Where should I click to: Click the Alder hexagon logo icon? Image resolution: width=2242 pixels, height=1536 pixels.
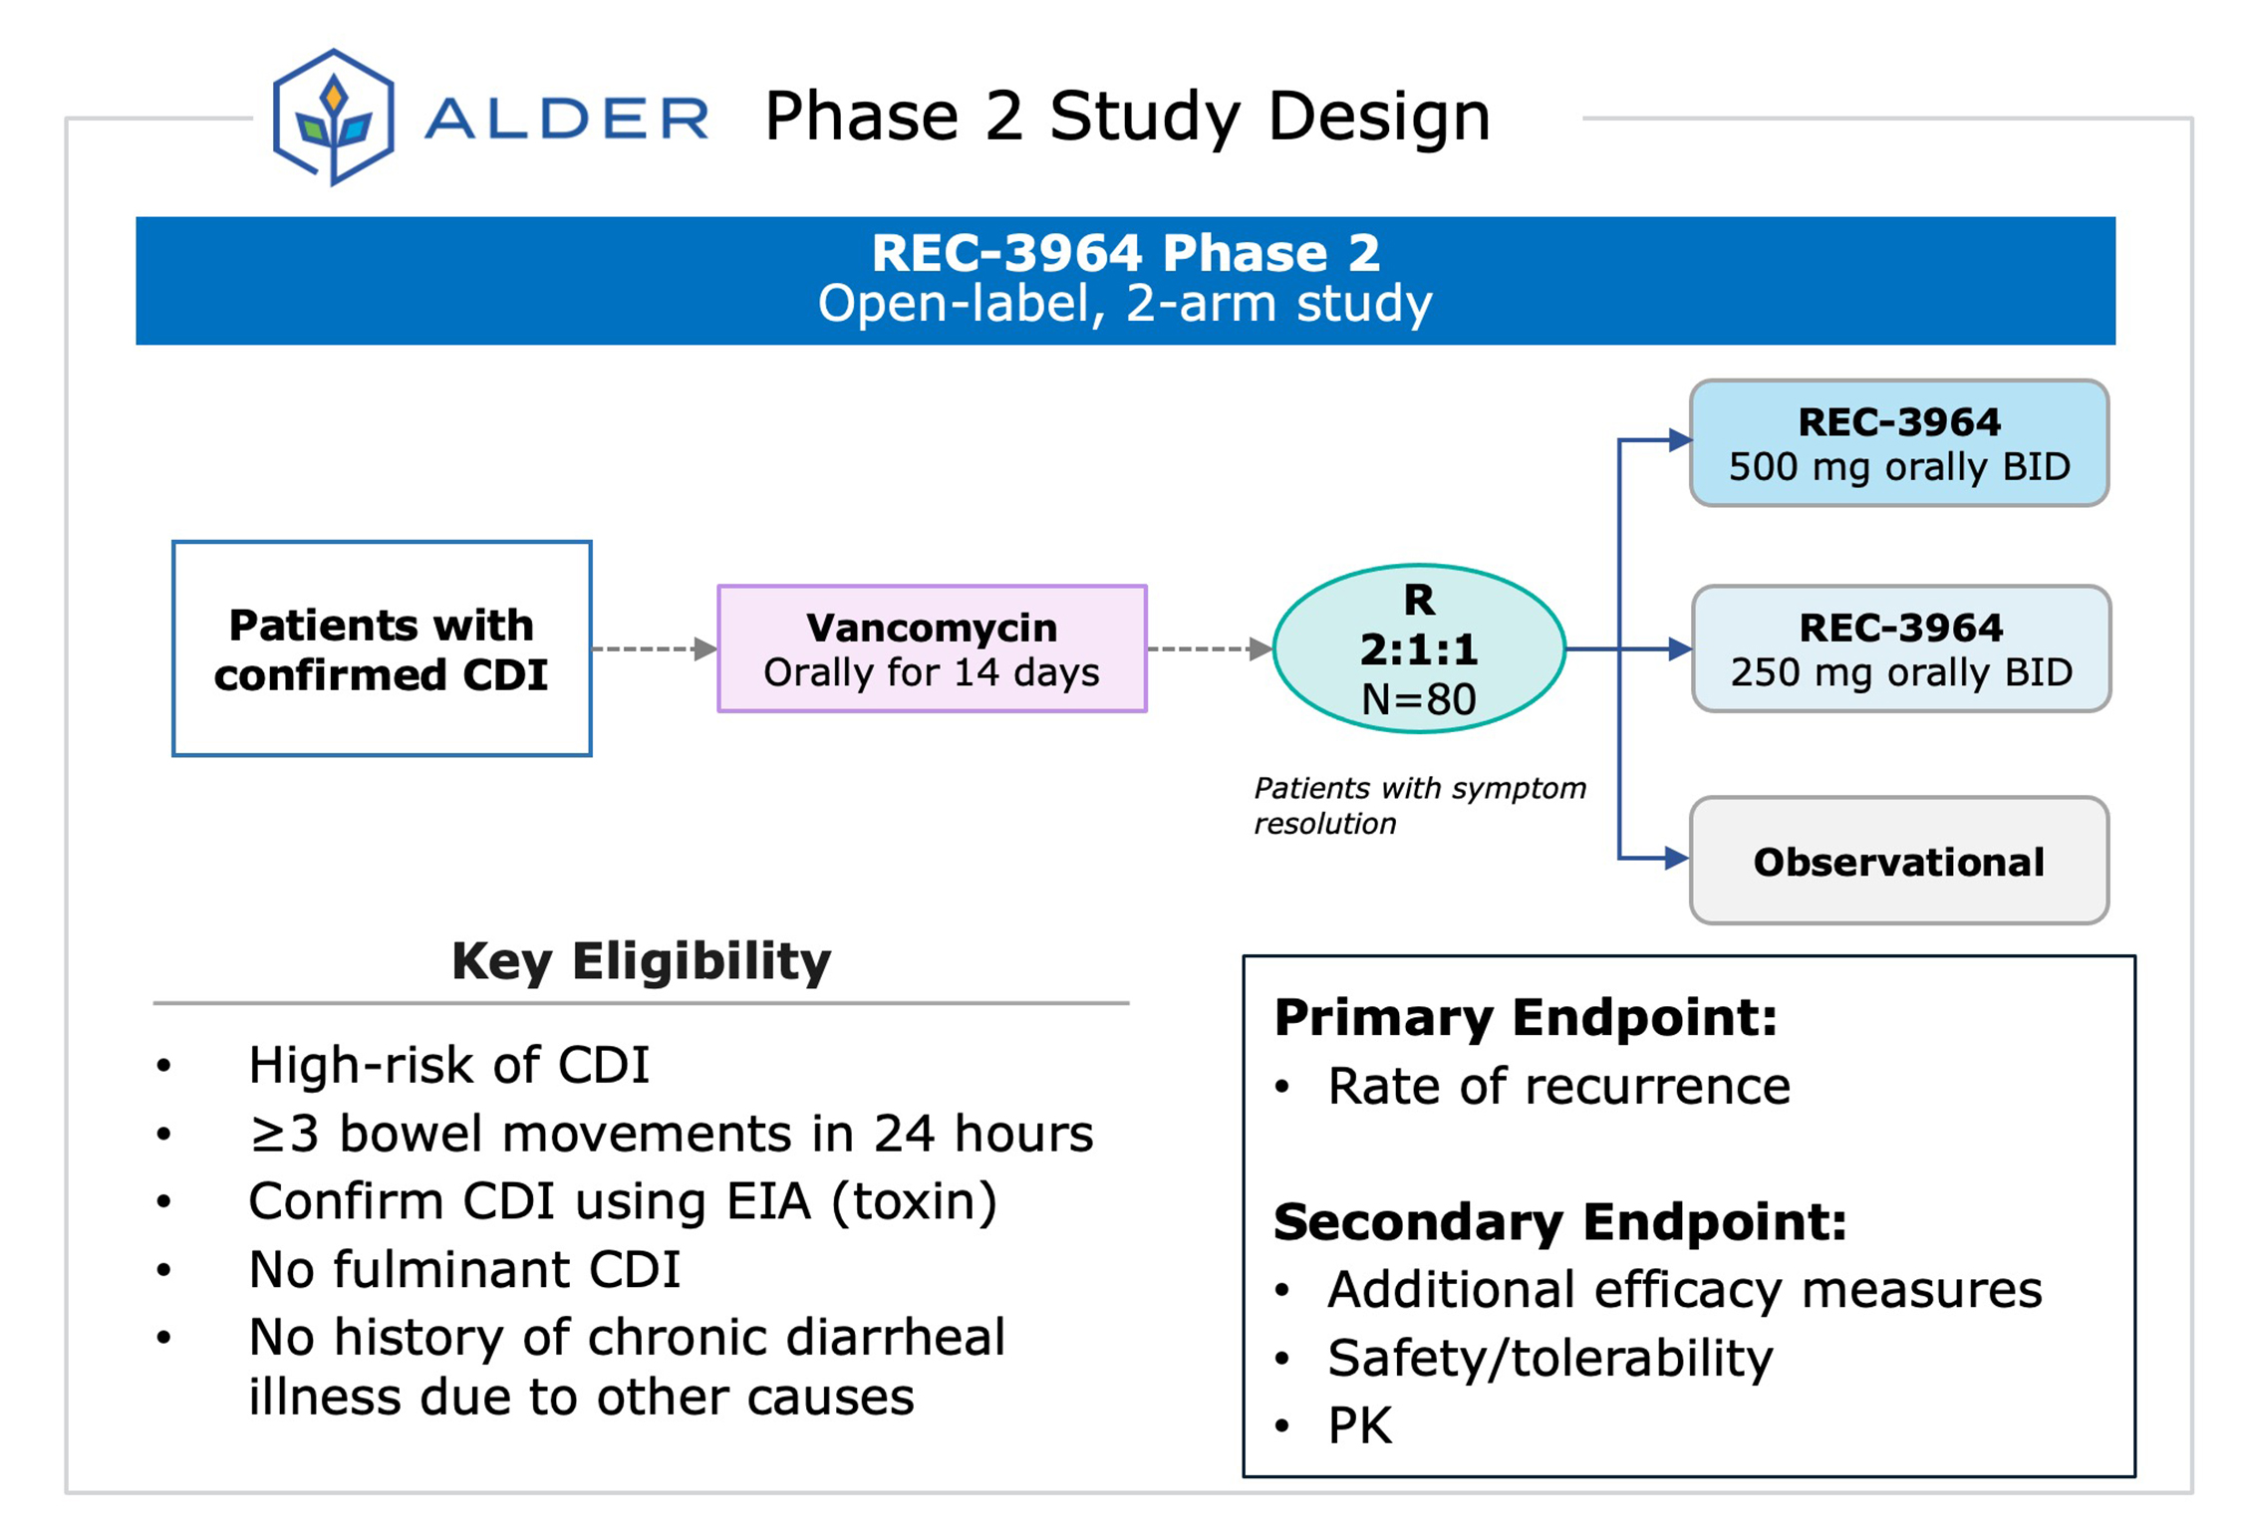tap(333, 118)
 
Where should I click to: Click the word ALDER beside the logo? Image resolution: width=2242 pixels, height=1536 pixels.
tap(566, 119)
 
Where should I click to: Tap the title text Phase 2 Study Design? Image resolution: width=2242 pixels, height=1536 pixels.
tap(1126, 117)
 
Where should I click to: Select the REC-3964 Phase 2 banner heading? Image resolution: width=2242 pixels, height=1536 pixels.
tap(1125, 252)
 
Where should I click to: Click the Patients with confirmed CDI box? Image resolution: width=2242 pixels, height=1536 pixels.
tap(382, 648)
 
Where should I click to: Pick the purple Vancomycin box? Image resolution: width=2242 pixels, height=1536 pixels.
tap(932, 648)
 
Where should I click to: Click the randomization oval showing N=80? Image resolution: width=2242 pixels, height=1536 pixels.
tap(1418, 648)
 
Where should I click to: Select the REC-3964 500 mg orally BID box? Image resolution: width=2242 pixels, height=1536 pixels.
tap(1898, 443)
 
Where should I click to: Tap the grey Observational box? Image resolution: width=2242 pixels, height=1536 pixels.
tap(1898, 861)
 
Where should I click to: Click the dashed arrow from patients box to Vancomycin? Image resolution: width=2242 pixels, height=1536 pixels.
tap(653, 648)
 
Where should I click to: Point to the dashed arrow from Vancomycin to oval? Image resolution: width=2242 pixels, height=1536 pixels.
tap(1208, 648)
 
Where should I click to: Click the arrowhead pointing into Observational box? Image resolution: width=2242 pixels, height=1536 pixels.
tap(1675, 858)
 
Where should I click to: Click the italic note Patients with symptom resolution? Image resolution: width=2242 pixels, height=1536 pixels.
tap(1418, 805)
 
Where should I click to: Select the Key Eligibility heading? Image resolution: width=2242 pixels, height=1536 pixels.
tap(641, 961)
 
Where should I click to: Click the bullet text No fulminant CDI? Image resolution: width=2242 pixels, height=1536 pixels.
tap(464, 1269)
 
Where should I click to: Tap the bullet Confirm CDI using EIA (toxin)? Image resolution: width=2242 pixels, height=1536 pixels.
tap(622, 1200)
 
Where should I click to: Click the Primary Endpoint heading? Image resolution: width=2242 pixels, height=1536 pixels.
tap(1525, 1017)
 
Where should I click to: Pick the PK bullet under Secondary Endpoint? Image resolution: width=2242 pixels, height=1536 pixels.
tap(1359, 1424)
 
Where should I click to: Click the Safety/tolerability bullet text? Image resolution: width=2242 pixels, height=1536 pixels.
tap(1549, 1357)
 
